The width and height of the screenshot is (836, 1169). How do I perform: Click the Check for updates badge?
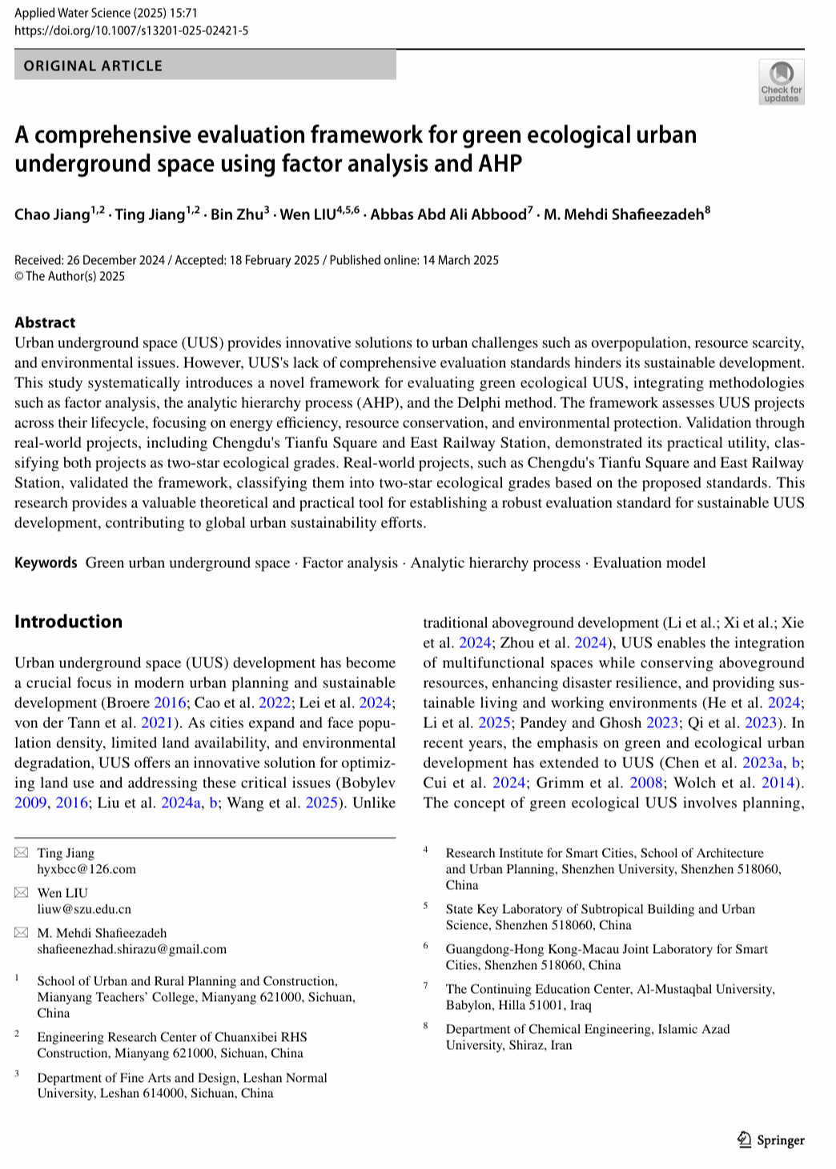point(781,82)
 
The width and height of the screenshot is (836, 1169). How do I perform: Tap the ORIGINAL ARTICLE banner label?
point(93,66)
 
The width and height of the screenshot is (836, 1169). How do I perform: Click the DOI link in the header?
point(131,30)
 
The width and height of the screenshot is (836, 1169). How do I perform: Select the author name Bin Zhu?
point(237,214)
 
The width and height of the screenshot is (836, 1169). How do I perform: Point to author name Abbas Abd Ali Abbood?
point(448,214)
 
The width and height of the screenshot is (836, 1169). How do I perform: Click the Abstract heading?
point(45,322)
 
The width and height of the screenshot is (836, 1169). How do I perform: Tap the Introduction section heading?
point(69,622)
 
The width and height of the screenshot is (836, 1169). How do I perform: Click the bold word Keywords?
point(46,562)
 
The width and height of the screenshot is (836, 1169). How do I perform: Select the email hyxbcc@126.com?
point(86,869)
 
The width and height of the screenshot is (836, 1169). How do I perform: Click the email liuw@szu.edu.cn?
point(84,909)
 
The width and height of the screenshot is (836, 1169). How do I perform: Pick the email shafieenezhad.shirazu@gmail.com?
point(132,949)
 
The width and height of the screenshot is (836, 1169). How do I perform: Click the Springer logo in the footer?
point(771,1140)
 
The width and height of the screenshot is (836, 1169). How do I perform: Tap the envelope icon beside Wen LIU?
point(22,893)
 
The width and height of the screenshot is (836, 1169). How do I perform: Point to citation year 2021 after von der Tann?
point(157,723)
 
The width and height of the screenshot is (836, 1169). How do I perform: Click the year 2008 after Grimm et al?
point(646,783)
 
